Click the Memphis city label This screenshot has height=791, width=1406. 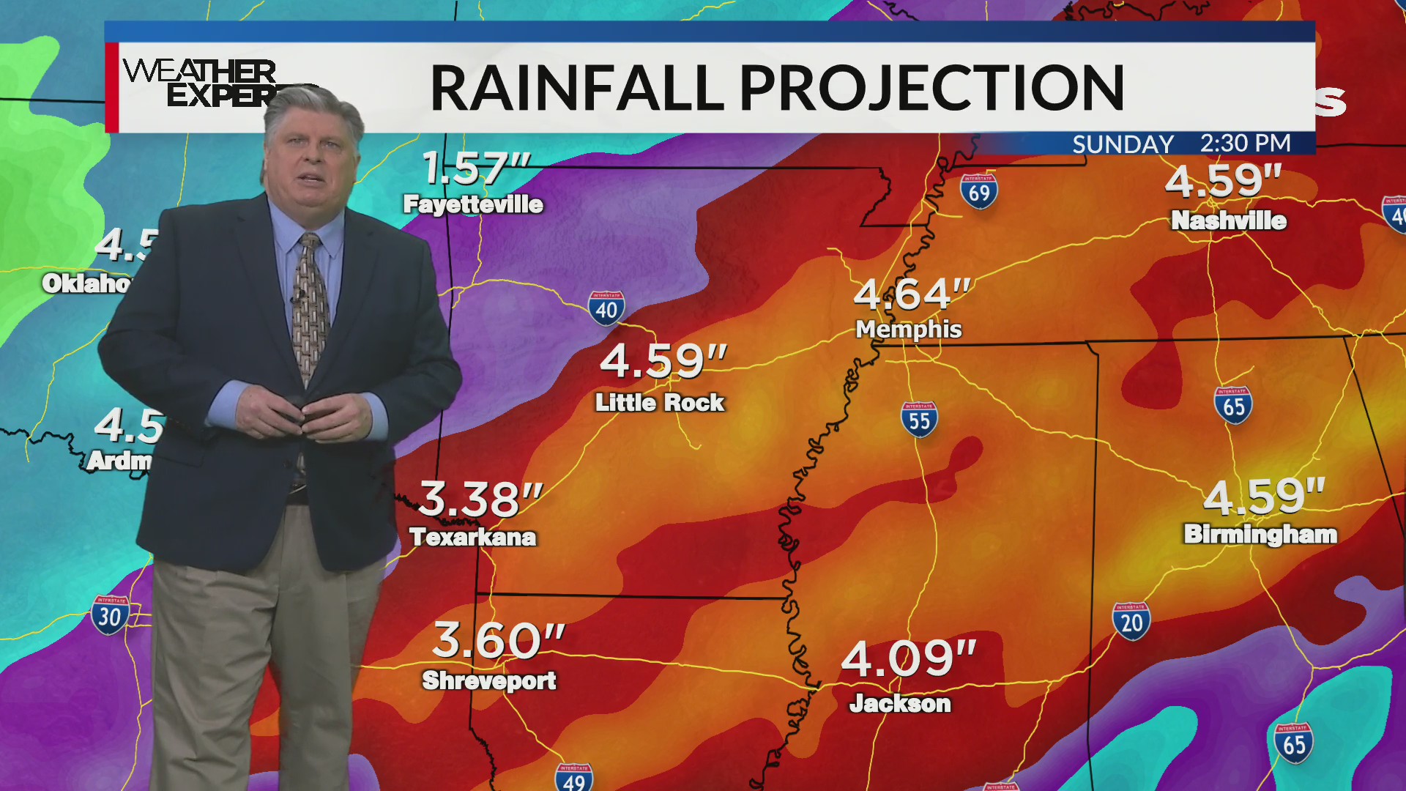(x=909, y=330)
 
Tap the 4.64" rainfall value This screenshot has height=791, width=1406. (x=912, y=294)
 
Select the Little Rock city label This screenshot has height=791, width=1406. (x=659, y=402)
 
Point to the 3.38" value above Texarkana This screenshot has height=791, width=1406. (x=480, y=500)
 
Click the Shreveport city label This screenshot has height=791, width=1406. (x=489, y=680)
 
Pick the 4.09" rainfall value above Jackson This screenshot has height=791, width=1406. (x=908, y=658)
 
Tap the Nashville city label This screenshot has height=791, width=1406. (x=1228, y=220)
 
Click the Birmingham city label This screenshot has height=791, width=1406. (x=1260, y=534)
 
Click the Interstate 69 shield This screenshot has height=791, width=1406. (x=979, y=192)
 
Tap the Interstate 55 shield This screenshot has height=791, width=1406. (x=919, y=420)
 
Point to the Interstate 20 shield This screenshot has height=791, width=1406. (x=1131, y=622)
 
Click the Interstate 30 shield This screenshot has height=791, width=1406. (x=111, y=615)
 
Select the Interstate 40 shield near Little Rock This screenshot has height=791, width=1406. (x=606, y=309)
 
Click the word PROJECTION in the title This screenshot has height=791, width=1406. (x=931, y=88)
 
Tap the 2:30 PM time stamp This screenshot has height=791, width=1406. (x=1245, y=144)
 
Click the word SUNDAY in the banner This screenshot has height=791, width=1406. (x=1123, y=144)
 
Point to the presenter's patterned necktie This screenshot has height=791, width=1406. (x=310, y=308)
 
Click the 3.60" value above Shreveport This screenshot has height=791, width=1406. (x=498, y=641)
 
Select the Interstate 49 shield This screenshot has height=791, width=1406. (x=574, y=778)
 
